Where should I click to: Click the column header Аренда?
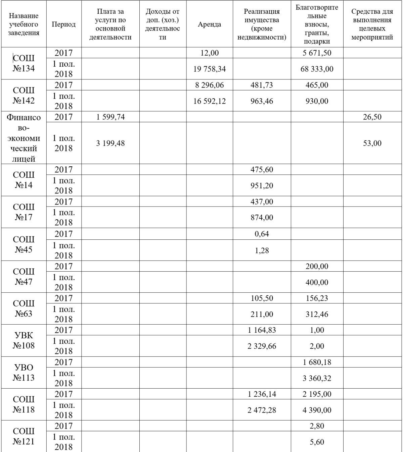[209, 24]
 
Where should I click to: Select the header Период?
[63, 24]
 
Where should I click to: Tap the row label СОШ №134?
[24, 63]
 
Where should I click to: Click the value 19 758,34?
[209, 69]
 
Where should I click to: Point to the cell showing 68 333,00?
[317, 69]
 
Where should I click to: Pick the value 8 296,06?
[209, 85]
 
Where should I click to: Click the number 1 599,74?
[110, 117]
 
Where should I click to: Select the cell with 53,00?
[372, 143]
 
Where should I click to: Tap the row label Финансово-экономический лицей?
[24, 138]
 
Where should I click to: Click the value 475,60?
[262, 170]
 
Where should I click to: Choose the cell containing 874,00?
[262, 218]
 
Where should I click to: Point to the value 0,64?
[262, 234]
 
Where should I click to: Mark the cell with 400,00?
[317, 282]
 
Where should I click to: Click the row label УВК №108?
[24, 340]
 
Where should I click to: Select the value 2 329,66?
[262, 346]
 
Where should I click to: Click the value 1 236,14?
[262, 394]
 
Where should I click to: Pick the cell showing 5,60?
[317, 442]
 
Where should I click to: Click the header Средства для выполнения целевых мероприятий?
[372, 24]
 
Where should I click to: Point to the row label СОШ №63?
[24, 308]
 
